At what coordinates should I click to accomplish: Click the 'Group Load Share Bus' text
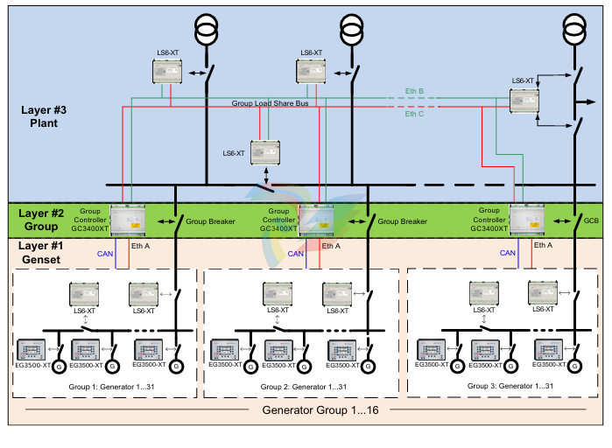pyautogui.click(x=270, y=103)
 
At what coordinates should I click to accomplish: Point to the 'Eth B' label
pyautogui.click(x=415, y=91)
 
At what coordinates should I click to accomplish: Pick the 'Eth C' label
pyautogui.click(x=415, y=114)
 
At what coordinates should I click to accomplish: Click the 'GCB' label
pyautogui.click(x=593, y=222)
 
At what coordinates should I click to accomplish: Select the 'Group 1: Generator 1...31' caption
pyautogui.click(x=102, y=385)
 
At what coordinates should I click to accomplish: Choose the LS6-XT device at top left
pyautogui.click(x=166, y=73)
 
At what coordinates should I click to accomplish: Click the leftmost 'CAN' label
pyautogui.click(x=104, y=253)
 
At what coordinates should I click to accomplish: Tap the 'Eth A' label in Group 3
pyautogui.click(x=543, y=246)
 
